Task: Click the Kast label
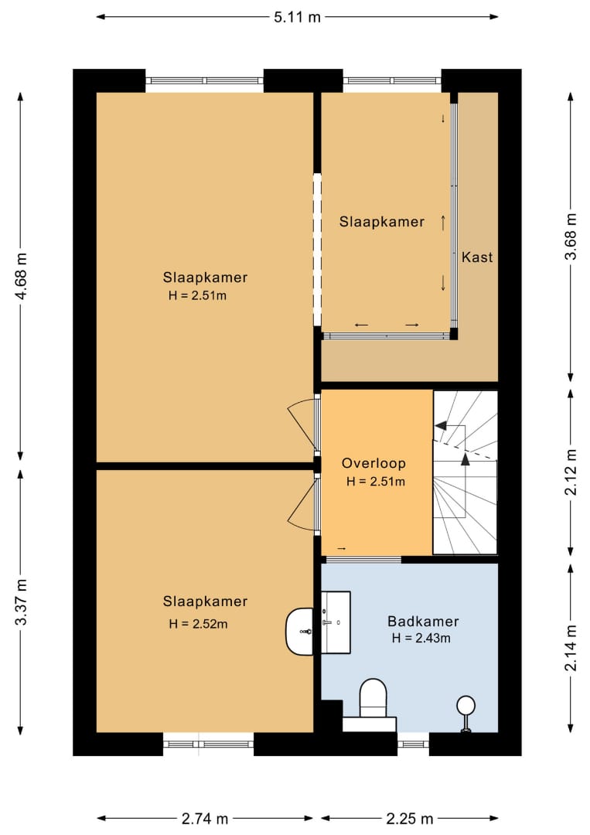click(x=476, y=257)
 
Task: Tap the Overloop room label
click(x=373, y=463)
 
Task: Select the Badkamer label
click(x=423, y=621)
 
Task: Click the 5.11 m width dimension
click(x=297, y=17)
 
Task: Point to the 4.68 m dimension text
click(x=22, y=276)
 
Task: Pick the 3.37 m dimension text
click(x=22, y=602)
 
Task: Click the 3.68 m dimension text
click(x=571, y=237)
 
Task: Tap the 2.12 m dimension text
click(x=571, y=472)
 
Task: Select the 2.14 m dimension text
click(x=571, y=648)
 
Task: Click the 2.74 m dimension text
click(x=205, y=819)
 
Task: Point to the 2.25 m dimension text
click(x=410, y=819)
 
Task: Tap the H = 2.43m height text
click(x=421, y=638)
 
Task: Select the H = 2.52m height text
click(x=198, y=624)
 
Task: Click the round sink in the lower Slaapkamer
click(x=300, y=631)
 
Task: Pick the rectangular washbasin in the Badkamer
click(x=336, y=622)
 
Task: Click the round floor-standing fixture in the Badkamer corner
click(x=466, y=714)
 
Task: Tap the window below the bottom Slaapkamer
click(x=208, y=744)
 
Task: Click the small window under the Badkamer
click(x=413, y=744)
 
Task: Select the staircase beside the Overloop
click(x=466, y=472)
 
